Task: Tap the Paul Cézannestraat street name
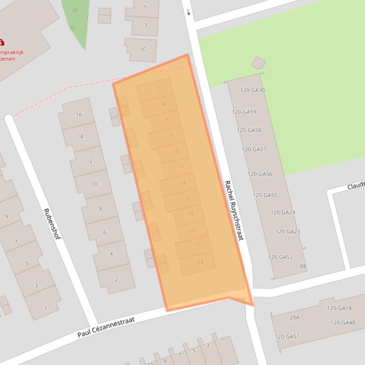pyautogui.click(x=106, y=328)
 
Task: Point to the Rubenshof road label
pyautogui.click(x=52, y=223)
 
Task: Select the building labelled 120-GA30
pyautogui.click(x=253, y=90)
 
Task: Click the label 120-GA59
pyautogui.click(x=244, y=112)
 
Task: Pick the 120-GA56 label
pyautogui.click(x=260, y=174)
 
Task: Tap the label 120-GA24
pyautogui.click(x=282, y=212)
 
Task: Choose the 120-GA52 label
pyautogui.click(x=280, y=257)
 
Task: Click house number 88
pyautogui.click(x=303, y=266)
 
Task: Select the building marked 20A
pyautogui.click(x=294, y=318)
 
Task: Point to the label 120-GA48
pyautogui.click(x=343, y=323)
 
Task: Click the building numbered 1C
pyautogui.click(x=142, y=49)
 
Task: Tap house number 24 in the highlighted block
pyautogui.click(x=200, y=262)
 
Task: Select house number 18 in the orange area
pyautogui.click(x=190, y=214)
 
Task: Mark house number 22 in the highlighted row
pyautogui.click(x=197, y=245)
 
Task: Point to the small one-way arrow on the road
pyautogui.click(x=188, y=12)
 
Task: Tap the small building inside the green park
pyautogui.click(x=259, y=63)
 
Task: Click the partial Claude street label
pyautogui.click(x=356, y=185)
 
